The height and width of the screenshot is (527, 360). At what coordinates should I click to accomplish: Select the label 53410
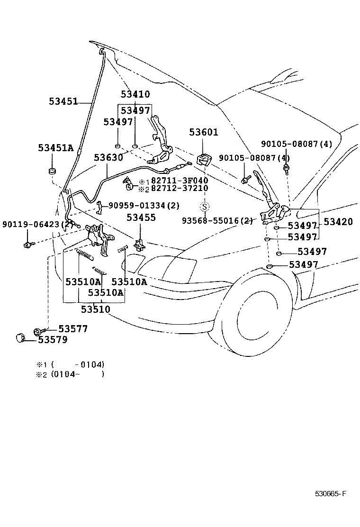click(x=135, y=94)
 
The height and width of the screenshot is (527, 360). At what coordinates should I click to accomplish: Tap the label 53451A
click(x=56, y=148)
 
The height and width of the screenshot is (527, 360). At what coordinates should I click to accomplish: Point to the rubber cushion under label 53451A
click(x=52, y=170)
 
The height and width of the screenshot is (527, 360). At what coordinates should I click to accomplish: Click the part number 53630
click(x=108, y=157)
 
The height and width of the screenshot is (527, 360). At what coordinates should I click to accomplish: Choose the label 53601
click(x=204, y=133)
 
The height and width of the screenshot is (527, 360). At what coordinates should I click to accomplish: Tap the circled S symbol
click(x=204, y=207)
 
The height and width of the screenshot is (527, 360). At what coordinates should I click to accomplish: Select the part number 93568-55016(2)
click(x=217, y=220)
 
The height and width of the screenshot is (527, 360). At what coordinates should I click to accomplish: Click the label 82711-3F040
click(x=180, y=181)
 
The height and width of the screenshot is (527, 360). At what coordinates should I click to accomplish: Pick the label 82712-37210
click(x=180, y=188)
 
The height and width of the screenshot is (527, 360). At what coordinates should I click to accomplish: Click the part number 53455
click(x=141, y=218)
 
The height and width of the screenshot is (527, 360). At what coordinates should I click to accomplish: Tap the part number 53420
click(x=338, y=222)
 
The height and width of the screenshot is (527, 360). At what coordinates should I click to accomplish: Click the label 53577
click(x=73, y=328)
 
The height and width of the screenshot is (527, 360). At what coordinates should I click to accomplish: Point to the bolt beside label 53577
click(x=39, y=330)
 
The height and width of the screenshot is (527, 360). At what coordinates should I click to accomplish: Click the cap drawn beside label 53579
click(x=19, y=338)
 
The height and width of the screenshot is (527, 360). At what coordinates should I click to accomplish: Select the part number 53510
click(x=95, y=309)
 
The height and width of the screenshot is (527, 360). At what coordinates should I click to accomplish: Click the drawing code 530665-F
click(x=331, y=494)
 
